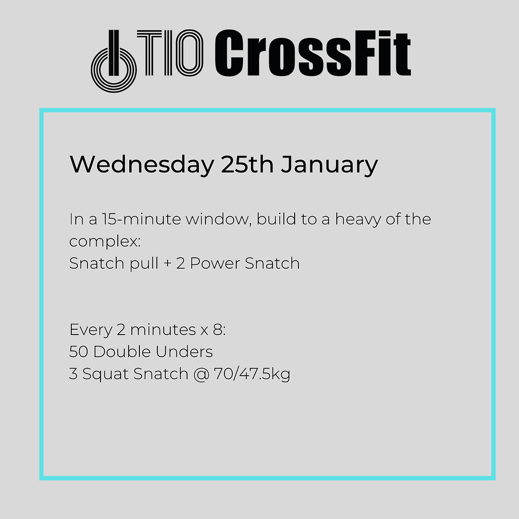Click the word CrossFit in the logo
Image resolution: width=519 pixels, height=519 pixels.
pyautogui.click(x=312, y=53)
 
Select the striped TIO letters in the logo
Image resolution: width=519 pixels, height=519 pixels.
pyautogui.click(x=170, y=52)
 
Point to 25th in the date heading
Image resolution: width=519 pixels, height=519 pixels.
pyautogui.click(x=247, y=164)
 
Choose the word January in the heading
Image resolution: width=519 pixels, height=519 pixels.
pyautogui.click(x=329, y=165)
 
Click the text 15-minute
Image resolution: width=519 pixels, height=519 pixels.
pyautogui.click(x=141, y=219)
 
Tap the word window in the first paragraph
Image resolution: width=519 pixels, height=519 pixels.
pyautogui.click(x=218, y=219)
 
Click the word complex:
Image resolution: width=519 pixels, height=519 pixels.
pyautogui.click(x=105, y=241)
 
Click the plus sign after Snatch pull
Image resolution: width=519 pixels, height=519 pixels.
pyautogui.click(x=168, y=264)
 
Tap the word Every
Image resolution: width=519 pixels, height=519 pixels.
pyautogui.click(x=91, y=330)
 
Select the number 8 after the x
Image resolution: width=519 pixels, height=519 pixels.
pyautogui.click(x=217, y=330)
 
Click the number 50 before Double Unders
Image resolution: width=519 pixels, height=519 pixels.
pyautogui.click(x=79, y=352)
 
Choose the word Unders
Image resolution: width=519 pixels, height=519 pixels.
pyautogui.click(x=184, y=352)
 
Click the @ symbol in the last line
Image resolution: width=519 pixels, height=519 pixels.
pyautogui.click(x=201, y=375)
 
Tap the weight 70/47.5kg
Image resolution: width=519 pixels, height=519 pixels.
pyautogui.click(x=252, y=374)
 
